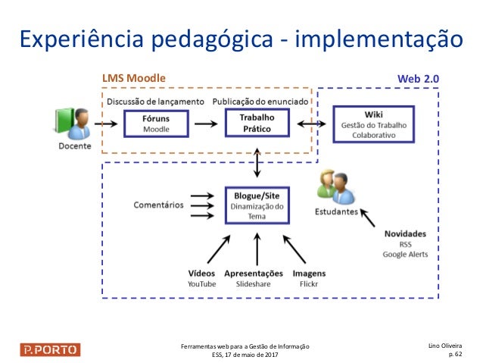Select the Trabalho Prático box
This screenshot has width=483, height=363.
pos(257,124)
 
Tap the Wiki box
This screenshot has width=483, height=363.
pos(373,124)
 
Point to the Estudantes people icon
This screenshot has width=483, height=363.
pos(336,188)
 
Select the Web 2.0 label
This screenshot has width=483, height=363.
pos(418,78)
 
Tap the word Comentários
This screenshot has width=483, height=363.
pos(158,205)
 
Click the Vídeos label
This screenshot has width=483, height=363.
pos(201,273)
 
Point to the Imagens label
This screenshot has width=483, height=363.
pos(309,273)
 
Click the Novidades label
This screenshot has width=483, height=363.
pos(405,234)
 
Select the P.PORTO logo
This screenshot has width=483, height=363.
pos(50,349)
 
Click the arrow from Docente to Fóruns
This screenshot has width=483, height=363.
pos(107,123)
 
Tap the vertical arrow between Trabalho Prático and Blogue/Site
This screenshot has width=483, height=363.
pos(258,161)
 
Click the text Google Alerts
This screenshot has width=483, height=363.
pos(405,255)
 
